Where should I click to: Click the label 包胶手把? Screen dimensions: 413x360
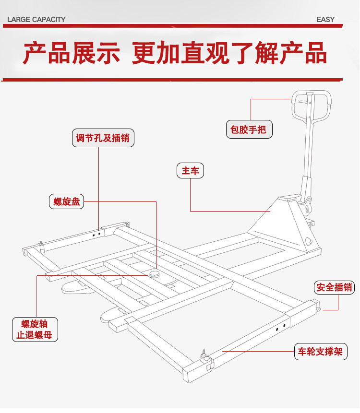tap(249, 130)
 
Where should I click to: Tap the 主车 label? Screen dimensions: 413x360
tap(191, 170)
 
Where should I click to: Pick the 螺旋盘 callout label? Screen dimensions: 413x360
tap(66, 201)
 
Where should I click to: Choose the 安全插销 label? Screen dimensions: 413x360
tap(335, 287)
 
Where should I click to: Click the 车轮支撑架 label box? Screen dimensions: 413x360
tap(319, 352)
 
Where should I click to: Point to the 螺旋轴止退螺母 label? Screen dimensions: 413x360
tap(35, 329)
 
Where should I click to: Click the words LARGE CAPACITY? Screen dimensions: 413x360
tap(36, 20)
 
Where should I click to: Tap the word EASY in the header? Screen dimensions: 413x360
tap(325, 20)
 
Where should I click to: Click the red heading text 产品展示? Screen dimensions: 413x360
tap(72, 54)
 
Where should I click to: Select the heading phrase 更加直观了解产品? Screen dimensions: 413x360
tap(229, 54)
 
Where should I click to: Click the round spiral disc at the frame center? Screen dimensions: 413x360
tap(155, 274)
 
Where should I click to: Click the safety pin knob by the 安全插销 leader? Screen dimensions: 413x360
tap(319, 310)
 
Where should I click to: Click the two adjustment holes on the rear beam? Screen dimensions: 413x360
tap(97, 235)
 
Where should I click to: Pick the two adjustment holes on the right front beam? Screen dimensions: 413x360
tap(281, 327)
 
